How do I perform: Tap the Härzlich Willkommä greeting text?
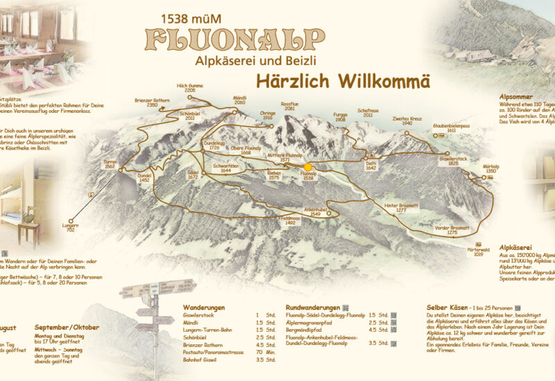pos(343,80)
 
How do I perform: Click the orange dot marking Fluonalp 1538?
pos(308,167)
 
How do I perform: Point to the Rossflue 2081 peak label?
pos(289,107)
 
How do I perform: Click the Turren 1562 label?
pos(110,165)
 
